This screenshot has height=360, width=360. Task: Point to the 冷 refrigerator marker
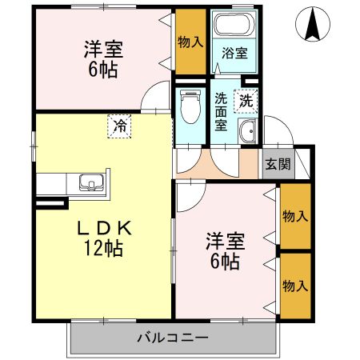click(119, 125)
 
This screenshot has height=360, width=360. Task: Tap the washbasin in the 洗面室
click(247, 133)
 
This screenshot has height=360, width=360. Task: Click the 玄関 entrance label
click(278, 165)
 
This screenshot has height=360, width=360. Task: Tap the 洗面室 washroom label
click(222, 112)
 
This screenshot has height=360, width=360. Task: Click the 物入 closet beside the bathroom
click(190, 41)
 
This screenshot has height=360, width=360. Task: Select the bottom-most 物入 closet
click(295, 284)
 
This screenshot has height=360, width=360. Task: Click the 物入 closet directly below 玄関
click(295, 216)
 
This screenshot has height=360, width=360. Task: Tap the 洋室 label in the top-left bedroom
click(102, 50)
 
